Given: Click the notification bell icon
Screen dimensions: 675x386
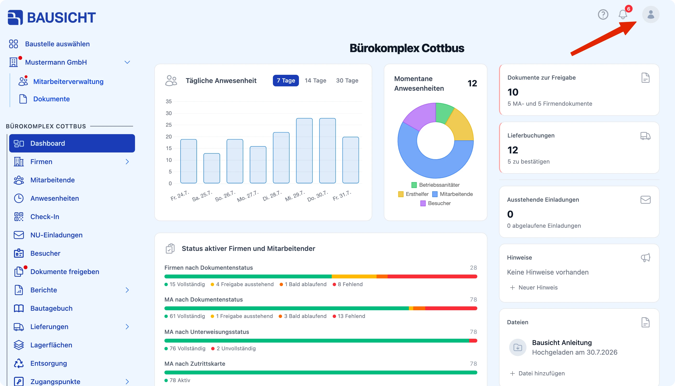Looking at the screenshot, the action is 623,14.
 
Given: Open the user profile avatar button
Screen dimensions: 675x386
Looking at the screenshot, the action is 651,14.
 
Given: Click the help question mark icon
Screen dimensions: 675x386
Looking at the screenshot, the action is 603,14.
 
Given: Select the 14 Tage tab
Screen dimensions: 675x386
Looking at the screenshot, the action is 315,81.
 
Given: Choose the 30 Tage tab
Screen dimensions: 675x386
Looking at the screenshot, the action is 347,81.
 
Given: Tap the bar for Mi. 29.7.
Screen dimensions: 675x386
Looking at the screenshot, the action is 304,151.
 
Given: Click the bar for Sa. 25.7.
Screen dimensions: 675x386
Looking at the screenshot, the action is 212,168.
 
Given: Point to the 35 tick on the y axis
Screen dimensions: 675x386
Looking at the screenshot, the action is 169,102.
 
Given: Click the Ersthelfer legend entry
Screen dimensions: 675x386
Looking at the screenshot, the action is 413,194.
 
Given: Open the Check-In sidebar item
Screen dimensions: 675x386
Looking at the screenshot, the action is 45,217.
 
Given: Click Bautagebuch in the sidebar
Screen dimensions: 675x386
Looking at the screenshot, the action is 51,308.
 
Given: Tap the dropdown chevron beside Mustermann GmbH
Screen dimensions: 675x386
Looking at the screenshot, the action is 127,62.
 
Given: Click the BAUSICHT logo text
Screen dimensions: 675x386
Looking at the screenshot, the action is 61,18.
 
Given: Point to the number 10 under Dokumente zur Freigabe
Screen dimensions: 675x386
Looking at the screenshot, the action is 513,92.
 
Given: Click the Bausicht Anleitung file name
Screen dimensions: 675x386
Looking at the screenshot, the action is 562,343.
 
